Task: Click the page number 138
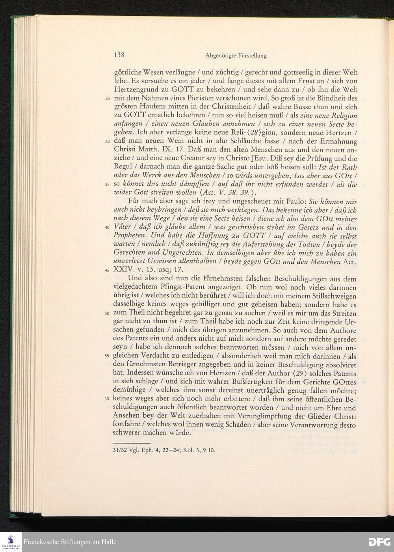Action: [119, 55]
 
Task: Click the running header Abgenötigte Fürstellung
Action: [236, 56]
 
